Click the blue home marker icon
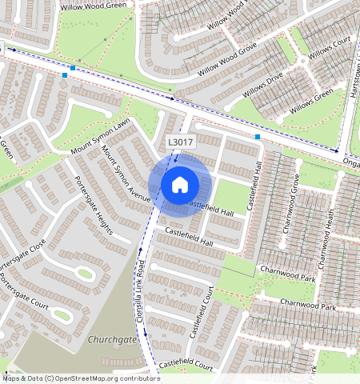pos(180,185)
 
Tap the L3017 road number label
pos(178,142)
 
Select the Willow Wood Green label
pos(94,5)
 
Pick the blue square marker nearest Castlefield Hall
pos(258,138)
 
